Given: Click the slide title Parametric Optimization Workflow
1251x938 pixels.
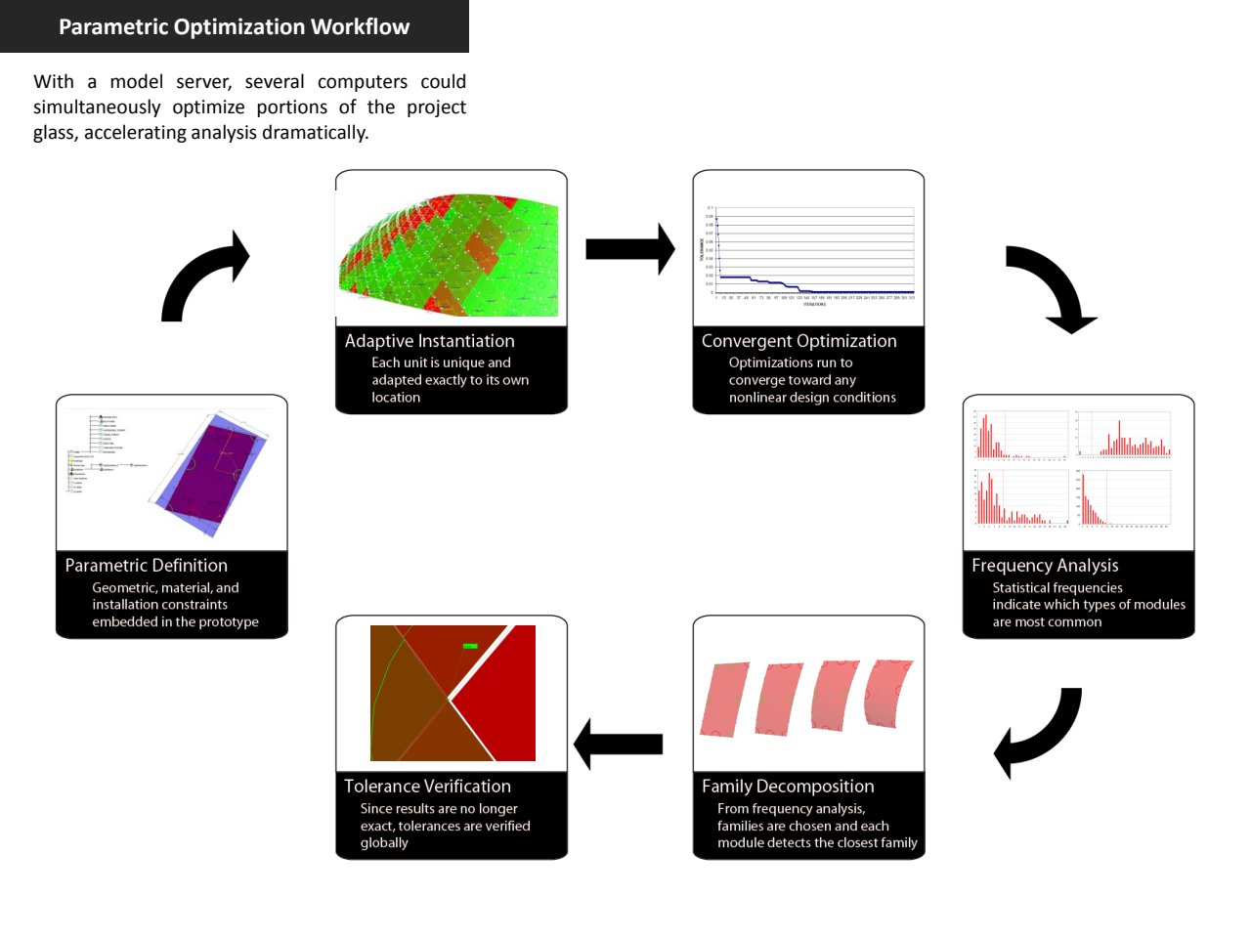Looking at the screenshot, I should click(x=234, y=26).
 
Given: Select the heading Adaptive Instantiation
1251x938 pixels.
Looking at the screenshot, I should click(x=429, y=341).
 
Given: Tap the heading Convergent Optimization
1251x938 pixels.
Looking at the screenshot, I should click(x=798, y=341).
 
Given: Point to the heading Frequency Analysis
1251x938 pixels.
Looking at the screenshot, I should click(x=1045, y=566).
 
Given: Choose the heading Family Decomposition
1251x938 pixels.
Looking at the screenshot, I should click(x=788, y=787).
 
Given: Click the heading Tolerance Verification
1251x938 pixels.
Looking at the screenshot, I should click(x=427, y=787).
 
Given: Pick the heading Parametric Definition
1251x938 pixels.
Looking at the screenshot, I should click(x=146, y=566).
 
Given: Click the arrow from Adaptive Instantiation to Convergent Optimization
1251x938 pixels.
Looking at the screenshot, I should click(x=629, y=249).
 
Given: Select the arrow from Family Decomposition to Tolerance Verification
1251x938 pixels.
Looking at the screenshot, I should click(x=619, y=745).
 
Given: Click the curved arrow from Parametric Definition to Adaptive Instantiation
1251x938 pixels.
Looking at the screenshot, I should click(x=200, y=278).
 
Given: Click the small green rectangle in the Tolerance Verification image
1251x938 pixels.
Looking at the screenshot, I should click(x=470, y=646).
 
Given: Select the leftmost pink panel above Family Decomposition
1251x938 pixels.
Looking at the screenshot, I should click(x=724, y=699).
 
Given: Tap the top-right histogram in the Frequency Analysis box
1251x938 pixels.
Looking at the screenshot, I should click(x=1124, y=436).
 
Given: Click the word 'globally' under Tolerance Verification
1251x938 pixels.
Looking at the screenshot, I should click(x=384, y=843).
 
